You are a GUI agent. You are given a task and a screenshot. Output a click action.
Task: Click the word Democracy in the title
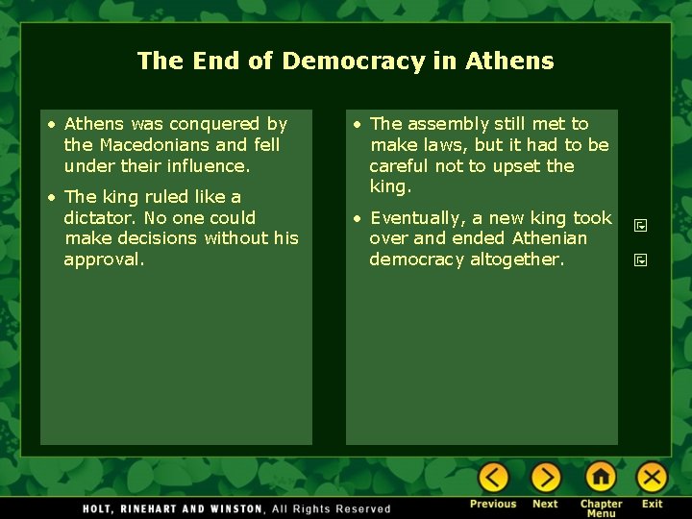[x=353, y=62]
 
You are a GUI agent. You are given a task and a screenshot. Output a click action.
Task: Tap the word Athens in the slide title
[x=509, y=62]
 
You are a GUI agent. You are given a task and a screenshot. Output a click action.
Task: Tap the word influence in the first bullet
[x=209, y=166]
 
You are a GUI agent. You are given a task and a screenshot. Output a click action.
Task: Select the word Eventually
[x=418, y=218]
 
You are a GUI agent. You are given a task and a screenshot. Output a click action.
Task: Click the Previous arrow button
[x=493, y=477]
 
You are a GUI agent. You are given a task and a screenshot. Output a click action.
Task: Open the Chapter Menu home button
[x=601, y=477]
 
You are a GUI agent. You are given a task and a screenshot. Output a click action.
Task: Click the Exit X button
[x=652, y=477]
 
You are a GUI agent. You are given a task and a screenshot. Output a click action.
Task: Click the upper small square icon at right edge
[x=640, y=227]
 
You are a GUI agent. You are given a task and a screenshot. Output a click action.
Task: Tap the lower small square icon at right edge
[x=640, y=259]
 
